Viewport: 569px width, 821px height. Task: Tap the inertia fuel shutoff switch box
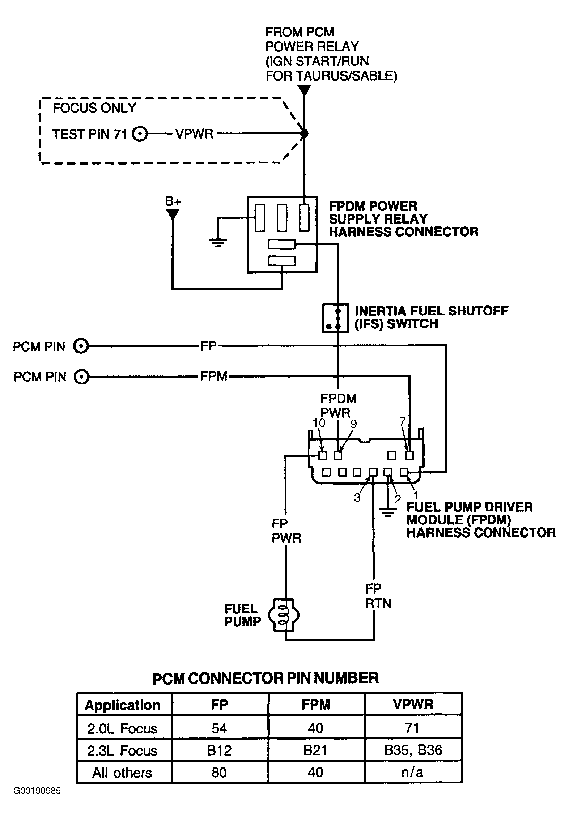pos(335,318)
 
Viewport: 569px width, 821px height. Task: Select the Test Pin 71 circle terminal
pos(140,134)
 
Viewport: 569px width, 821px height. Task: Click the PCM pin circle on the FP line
pos(81,346)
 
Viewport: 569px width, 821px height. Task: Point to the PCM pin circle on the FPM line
pos(81,377)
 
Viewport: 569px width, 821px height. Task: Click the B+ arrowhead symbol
pos(173,214)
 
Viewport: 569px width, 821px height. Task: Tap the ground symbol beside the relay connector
pos(217,242)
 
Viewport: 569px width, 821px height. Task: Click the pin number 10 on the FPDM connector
pos(319,423)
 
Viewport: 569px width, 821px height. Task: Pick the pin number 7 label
pos(402,422)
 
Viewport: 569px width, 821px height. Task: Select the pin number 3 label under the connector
pos(357,498)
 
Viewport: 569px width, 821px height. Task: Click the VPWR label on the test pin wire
pos(194,134)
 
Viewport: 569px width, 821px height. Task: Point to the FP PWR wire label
pos(286,531)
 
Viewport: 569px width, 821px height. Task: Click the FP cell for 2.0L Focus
pos(220,728)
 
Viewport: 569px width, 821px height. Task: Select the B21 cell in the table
pos(316,750)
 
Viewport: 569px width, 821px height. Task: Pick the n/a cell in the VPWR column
pos(413,772)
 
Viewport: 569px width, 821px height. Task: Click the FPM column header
pos(316,705)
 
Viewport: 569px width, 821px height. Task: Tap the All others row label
pos(122,773)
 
